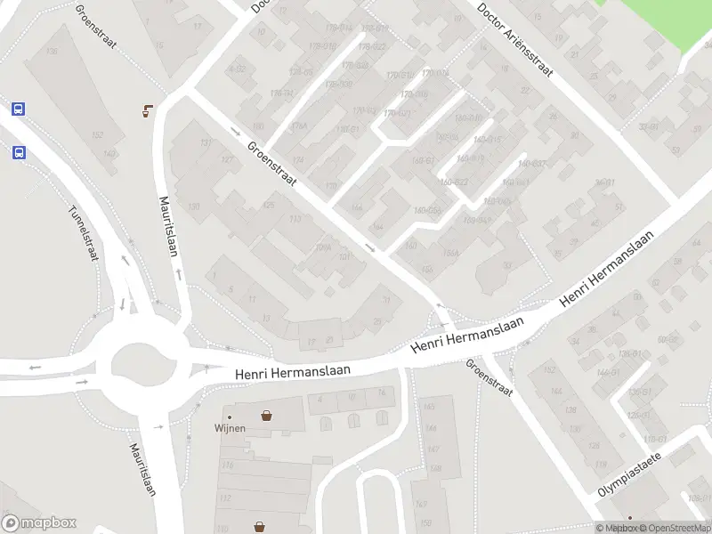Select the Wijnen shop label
pyautogui.click(x=230, y=427)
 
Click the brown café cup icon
pyautogui.click(x=147, y=111)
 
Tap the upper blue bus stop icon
pyautogui.click(x=18, y=109)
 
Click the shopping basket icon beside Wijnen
pyautogui.click(x=266, y=416)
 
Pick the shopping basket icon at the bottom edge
pyautogui.click(x=259, y=526)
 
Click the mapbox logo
pyautogui.click(x=39, y=523)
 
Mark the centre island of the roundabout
pyautogui.click(x=140, y=363)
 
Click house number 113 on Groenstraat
pyautogui.click(x=295, y=219)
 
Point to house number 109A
pyautogui.click(x=322, y=249)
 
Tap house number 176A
pyautogui.click(x=298, y=126)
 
